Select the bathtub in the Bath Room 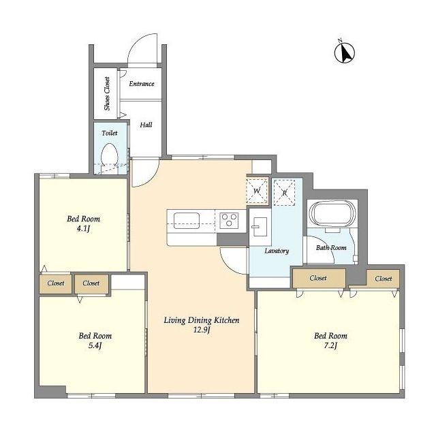click(332, 213)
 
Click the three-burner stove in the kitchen click(229, 220)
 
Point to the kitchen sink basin click(186, 221)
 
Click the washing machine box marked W click(258, 191)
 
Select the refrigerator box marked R click(284, 192)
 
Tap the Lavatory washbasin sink click(260, 227)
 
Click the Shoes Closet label click(107, 93)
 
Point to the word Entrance click(142, 84)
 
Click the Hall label click(146, 125)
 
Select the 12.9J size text click(202, 330)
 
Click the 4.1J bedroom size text click(83, 229)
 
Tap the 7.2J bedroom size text click(330, 345)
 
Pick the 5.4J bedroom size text click(95, 345)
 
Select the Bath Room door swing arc click(326, 244)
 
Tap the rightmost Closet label click(384, 279)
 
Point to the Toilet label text click(110, 134)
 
